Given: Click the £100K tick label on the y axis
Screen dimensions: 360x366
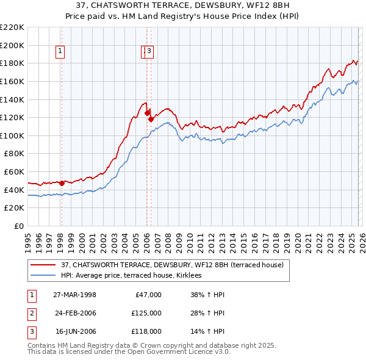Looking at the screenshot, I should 12,135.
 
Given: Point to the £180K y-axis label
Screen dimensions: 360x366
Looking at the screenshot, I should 12,63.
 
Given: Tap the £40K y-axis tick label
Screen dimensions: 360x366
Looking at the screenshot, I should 14,190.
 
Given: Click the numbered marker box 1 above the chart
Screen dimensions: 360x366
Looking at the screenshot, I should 61,52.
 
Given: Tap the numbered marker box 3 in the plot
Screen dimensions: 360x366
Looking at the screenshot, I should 149,52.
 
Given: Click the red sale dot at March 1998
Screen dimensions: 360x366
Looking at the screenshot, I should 62,182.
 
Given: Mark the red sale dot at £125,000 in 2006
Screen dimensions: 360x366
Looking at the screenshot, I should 146,112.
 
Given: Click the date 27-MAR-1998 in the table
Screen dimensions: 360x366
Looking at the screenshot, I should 74,295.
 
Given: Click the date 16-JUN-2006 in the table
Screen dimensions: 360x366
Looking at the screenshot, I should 74,331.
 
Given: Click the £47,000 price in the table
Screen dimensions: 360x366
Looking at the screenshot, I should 147,295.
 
